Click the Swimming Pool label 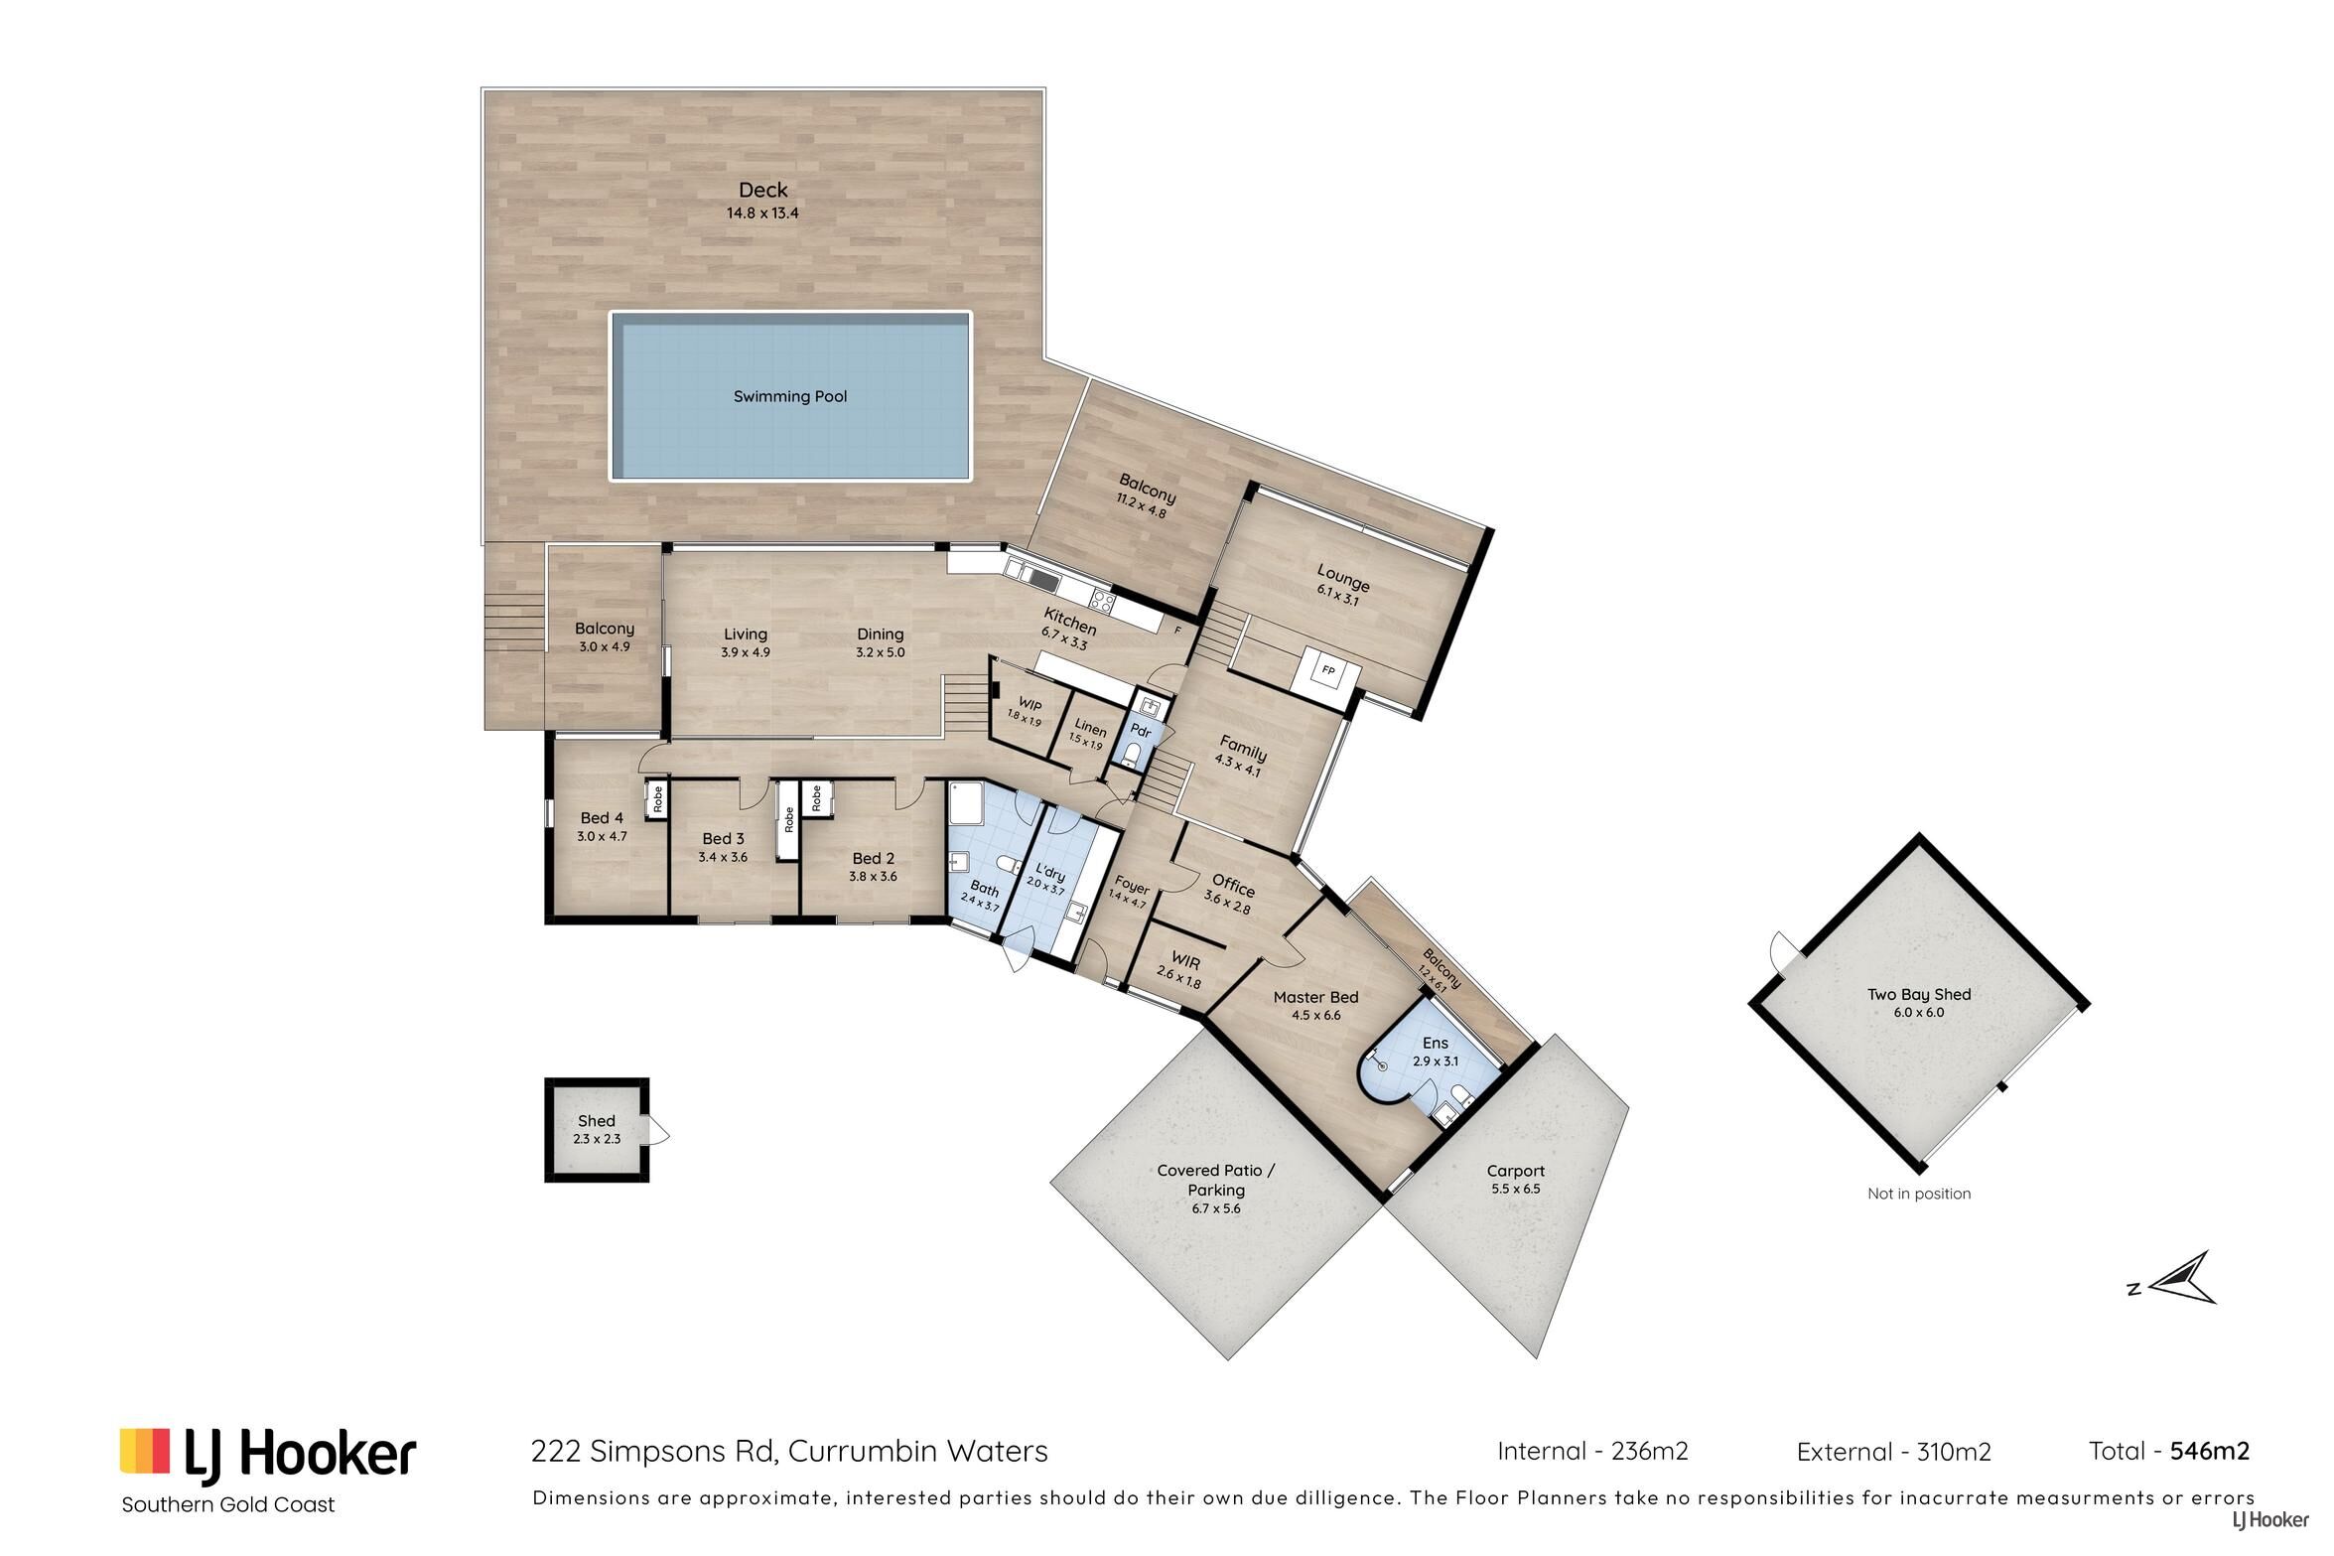pyautogui.click(x=790, y=397)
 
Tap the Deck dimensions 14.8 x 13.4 pyautogui.click(x=762, y=212)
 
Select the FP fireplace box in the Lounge pyautogui.click(x=1328, y=671)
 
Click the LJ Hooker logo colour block pyautogui.click(x=145, y=1451)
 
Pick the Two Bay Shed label pyautogui.click(x=1919, y=994)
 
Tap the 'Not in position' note pyautogui.click(x=1919, y=1194)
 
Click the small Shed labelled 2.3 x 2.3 pyautogui.click(x=597, y=1130)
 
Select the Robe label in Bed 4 pyautogui.click(x=657, y=800)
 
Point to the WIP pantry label pyautogui.click(x=1029, y=705)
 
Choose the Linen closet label pyautogui.click(x=1090, y=730)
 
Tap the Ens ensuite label pyautogui.click(x=1436, y=1043)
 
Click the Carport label pyautogui.click(x=1516, y=1171)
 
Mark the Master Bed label pyautogui.click(x=1315, y=997)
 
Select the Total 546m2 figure pyautogui.click(x=2169, y=1451)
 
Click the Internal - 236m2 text pyautogui.click(x=1592, y=1451)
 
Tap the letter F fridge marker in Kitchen pyautogui.click(x=1178, y=630)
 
